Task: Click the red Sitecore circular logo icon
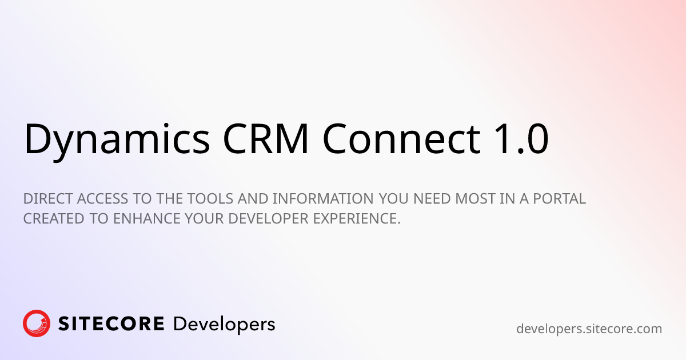click(x=37, y=323)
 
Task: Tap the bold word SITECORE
click(x=111, y=324)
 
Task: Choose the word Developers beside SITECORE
click(x=224, y=325)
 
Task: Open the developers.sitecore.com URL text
click(x=589, y=329)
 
